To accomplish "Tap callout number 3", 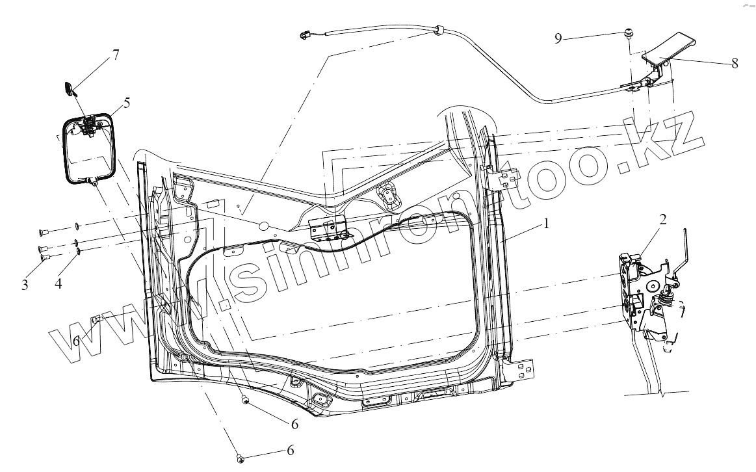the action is (x=25, y=285).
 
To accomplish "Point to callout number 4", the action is (x=58, y=283).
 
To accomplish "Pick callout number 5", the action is (x=126, y=103).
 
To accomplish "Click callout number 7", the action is (x=115, y=54).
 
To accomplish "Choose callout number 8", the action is (x=735, y=63).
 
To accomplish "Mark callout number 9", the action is (x=558, y=38).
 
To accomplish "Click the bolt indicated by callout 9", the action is (x=629, y=33).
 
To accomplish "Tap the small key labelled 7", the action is (x=70, y=88).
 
